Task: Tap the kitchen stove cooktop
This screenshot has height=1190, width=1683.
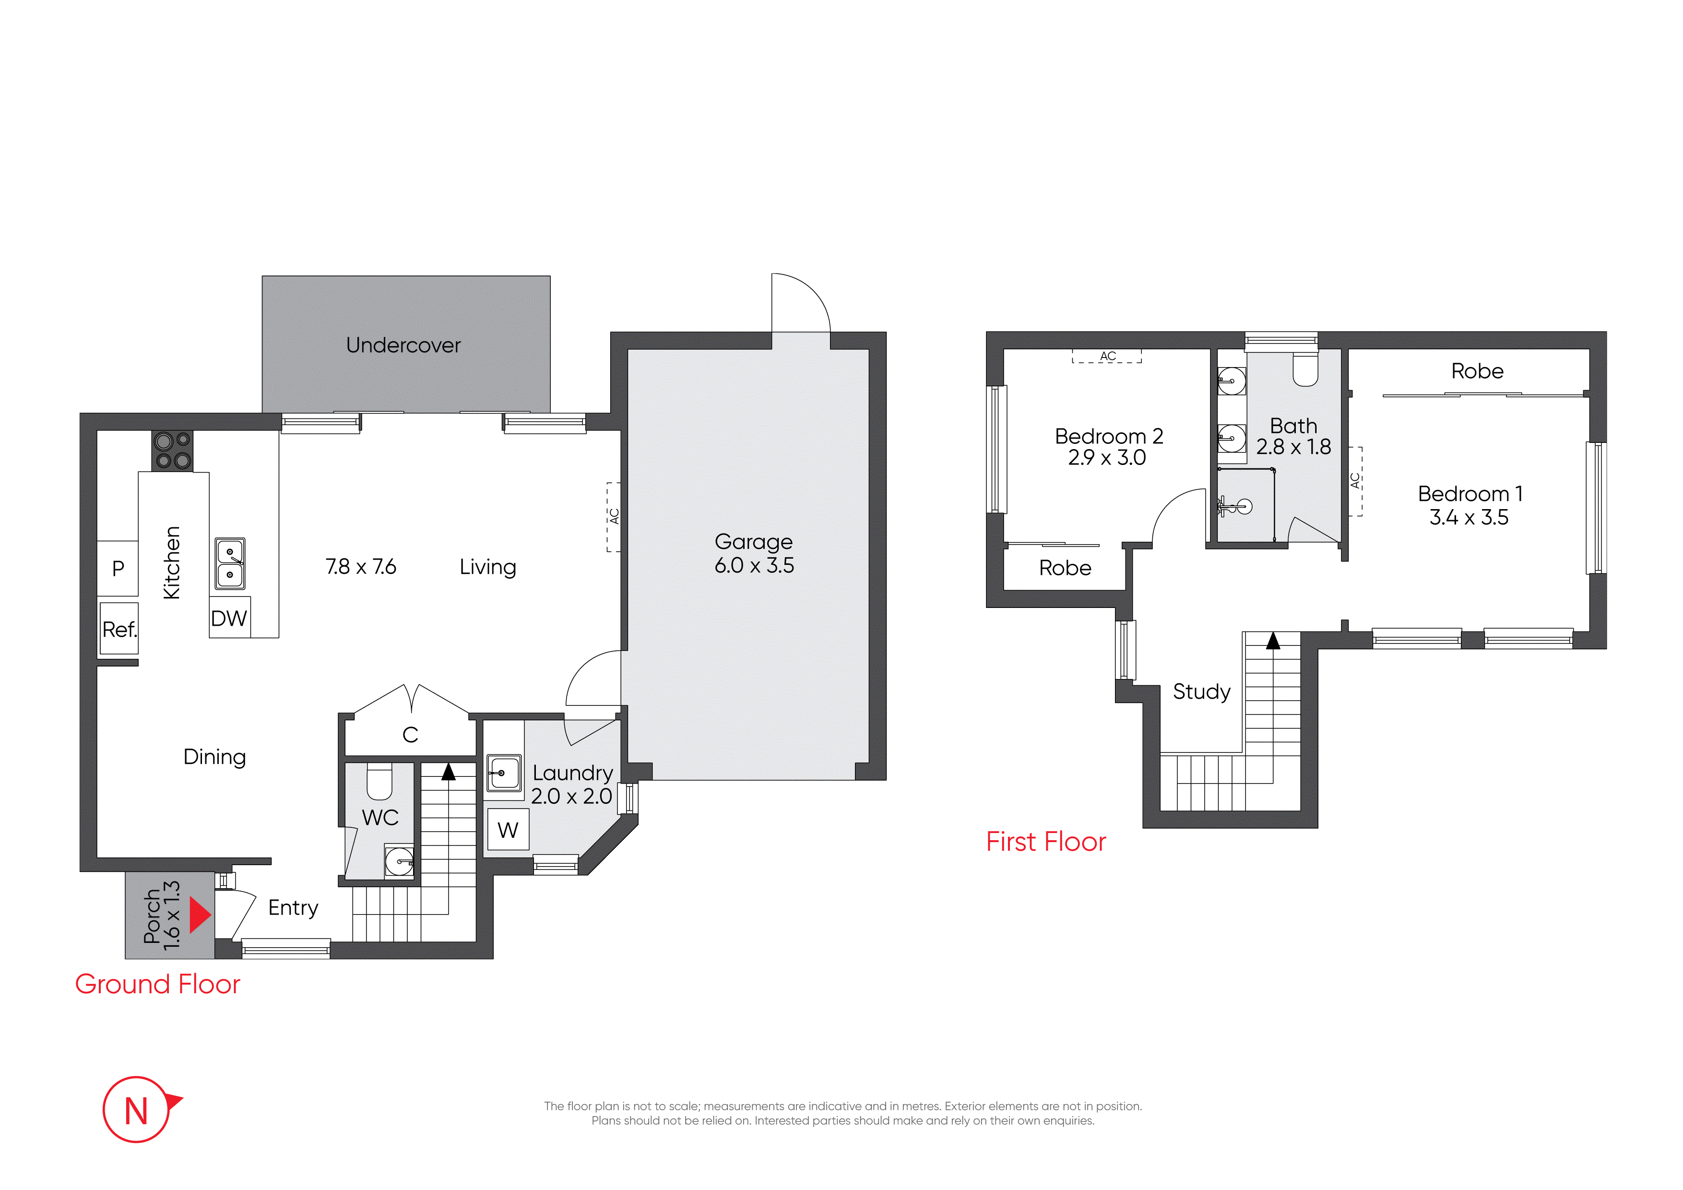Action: pos(172,450)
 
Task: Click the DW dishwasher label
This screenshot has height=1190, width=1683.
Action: pos(229,618)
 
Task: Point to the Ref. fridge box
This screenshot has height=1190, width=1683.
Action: pos(119,629)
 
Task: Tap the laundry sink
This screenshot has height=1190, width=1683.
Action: pos(504,773)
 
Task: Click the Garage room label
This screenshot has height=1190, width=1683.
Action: pos(754,541)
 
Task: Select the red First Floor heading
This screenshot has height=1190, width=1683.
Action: pos(1046,841)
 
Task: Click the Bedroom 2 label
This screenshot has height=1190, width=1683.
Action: pos(1108,436)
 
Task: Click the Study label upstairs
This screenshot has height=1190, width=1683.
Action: pos(1201,691)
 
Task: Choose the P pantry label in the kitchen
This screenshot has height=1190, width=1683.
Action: pos(118,568)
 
